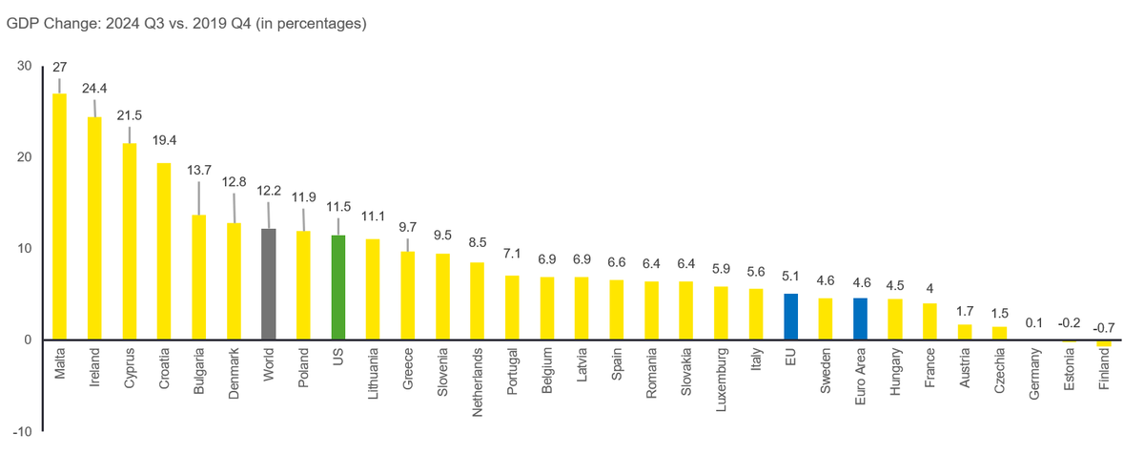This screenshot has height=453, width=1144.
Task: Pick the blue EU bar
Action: pos(790,317)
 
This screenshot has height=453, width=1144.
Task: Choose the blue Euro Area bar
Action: pos(860,319)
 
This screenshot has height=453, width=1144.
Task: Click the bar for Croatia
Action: pos(164,252)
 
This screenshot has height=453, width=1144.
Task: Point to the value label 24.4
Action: pos(94,87)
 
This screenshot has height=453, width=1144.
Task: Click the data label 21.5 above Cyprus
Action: pos(130,114)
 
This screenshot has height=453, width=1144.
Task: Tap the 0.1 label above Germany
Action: pos(1034,323)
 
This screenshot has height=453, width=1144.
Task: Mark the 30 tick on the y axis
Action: pos(24,66)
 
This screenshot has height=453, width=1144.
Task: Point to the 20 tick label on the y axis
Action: pos(24,157)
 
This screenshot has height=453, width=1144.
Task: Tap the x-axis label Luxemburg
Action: pos(722,381)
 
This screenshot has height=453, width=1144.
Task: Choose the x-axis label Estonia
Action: pos(1069,375)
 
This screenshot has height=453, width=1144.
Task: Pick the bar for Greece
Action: pos(408,296)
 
